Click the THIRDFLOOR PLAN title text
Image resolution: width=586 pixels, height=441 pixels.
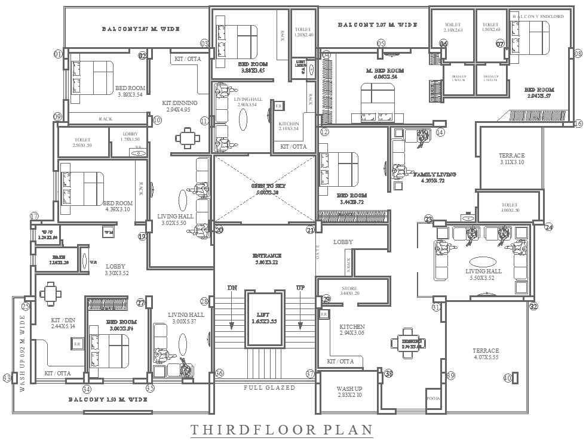[x=281, y=430]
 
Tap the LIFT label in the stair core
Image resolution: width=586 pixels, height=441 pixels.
[x=263, y=317]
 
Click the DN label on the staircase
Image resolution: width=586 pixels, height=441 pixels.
[x=232, y=288]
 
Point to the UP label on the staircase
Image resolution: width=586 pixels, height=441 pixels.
[x=300, y=288]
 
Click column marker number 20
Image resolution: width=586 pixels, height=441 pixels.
[x=219, y=230]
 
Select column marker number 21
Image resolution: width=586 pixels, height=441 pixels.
[x=310, y=230]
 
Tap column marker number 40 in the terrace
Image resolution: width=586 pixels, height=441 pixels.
[x=508, y=378]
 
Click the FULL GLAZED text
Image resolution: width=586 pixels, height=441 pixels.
[x=269, y=387]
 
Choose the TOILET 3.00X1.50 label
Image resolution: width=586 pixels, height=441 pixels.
[x=510, y=207]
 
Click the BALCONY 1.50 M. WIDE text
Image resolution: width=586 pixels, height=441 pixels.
[x=108, y=399]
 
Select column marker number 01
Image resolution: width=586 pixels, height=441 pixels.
[x=58, y=54]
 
